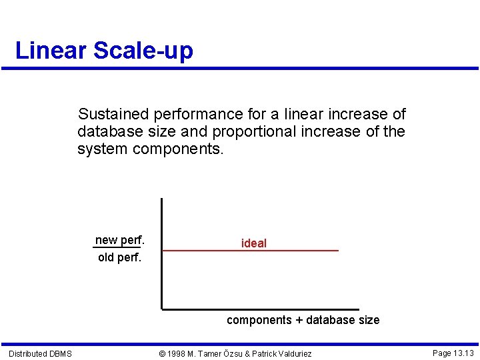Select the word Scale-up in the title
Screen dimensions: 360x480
click(143, 51)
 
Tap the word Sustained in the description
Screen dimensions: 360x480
click(111, 114)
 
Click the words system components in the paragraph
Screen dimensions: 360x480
click(151, 149)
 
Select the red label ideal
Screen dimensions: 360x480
click(253, 243)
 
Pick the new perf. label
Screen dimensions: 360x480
click(120, 240)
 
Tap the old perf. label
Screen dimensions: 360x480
click(120, 257)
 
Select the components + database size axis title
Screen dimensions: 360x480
click(303, 320)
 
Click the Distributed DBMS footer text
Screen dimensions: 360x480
click(40, 353)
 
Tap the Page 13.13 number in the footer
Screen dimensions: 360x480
click(453, 353)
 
